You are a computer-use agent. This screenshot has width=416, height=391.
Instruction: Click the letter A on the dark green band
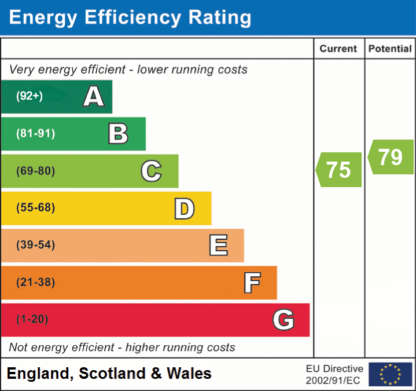click(94, 96)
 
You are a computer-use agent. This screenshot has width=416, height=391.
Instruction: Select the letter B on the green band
click(118, 134)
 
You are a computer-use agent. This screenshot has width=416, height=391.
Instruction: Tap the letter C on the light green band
click(151, 171)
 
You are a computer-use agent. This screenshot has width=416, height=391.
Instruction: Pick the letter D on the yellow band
click(184, 209)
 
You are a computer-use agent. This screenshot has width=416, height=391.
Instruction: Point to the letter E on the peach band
click(218, 245)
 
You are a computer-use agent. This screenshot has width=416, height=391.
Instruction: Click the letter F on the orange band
click(252, 283)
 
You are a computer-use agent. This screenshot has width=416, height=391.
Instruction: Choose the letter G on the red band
click(284, 320)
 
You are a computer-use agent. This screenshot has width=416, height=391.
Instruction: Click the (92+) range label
click(30, 96)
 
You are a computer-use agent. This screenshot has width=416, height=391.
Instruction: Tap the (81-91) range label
click(35, 134)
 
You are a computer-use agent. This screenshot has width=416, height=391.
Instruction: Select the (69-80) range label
click(35, 171)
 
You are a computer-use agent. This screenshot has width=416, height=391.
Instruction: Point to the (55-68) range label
click(35, 208)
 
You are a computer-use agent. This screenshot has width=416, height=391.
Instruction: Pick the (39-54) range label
click(35, 245)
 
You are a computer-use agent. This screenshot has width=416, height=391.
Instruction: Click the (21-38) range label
click(35, 283)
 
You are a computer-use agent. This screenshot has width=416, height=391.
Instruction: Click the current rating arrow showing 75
click(339, 170)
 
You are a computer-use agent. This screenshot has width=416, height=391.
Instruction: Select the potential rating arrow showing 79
click(391, 156)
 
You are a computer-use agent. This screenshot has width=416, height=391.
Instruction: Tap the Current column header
click(339, 49)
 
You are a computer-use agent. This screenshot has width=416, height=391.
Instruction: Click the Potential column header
click(390, 49)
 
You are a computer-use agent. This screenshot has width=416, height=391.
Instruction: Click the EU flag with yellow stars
click(390, 374)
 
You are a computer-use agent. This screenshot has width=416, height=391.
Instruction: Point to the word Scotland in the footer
click(112, 374)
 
